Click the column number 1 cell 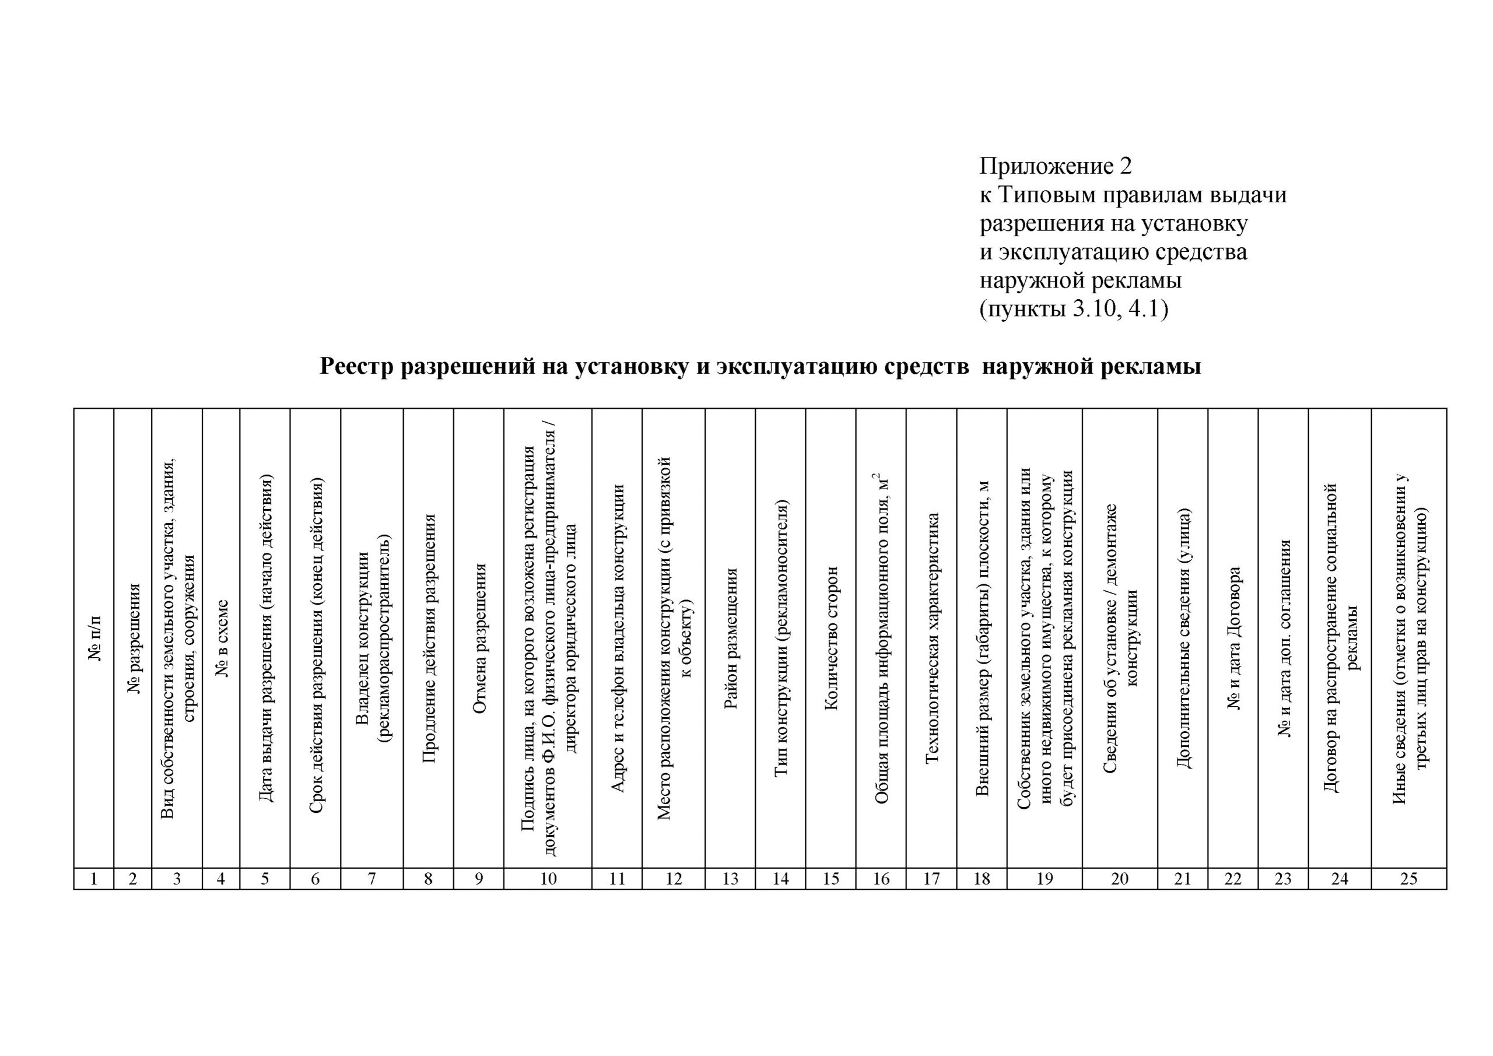94,879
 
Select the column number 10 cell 548,879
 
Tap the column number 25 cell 1408,879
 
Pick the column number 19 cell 1045,879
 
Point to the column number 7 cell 372,879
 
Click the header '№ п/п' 95,637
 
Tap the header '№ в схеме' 222,637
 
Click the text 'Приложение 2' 1056,166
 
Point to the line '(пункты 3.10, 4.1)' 1074,310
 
